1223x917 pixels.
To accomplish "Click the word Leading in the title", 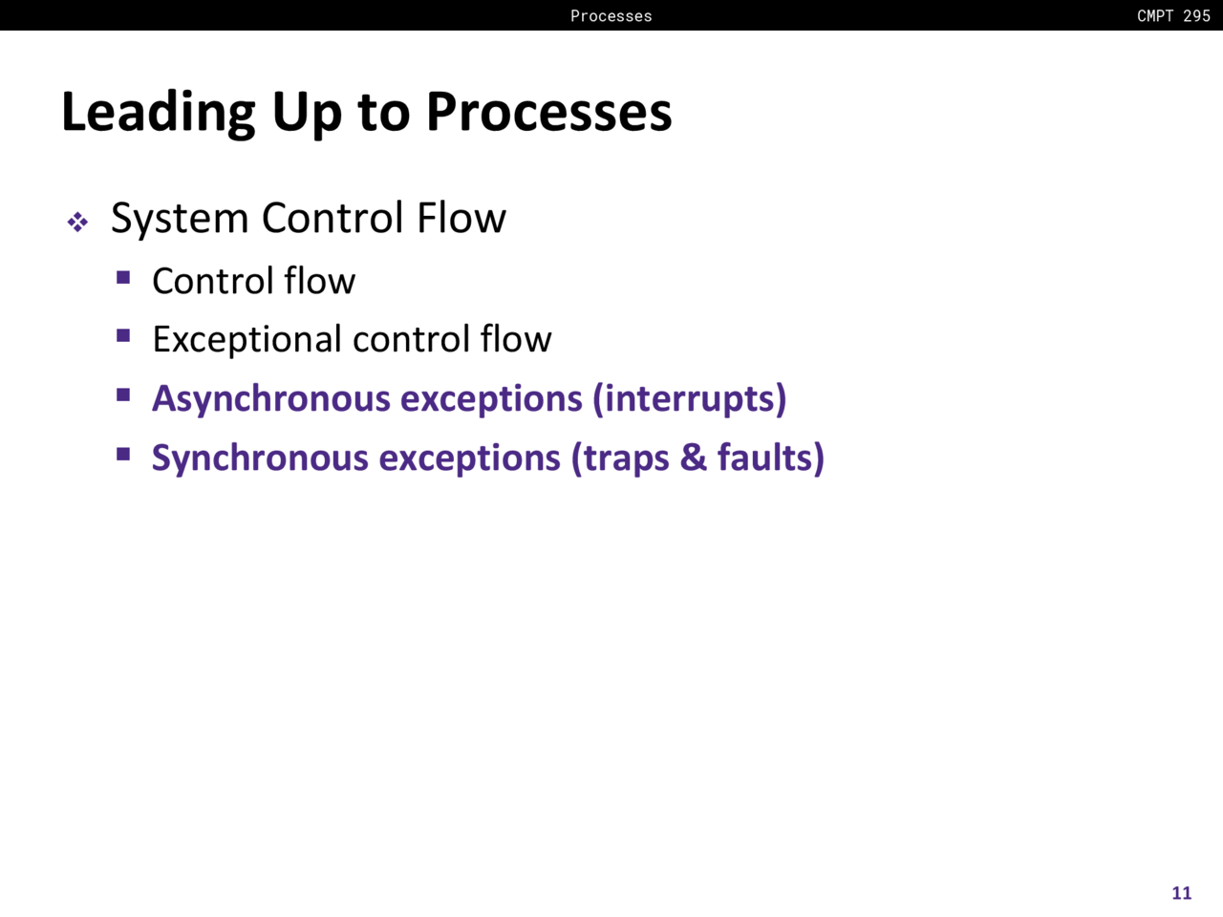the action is coord(159,113).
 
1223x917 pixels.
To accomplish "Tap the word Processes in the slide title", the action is coord(548,112).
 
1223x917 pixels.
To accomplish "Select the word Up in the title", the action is coord(307,114).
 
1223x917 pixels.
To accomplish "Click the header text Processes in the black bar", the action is coord(611,15).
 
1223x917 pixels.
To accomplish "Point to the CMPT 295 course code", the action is coord(1173,15).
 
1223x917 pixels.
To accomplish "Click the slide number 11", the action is coord(1182,892).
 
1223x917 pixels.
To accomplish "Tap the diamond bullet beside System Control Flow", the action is coord(77,223).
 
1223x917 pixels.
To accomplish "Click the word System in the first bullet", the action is coord(180,220).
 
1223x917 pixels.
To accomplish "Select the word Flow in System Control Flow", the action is coord(461,217).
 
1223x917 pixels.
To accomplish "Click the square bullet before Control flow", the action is coord(123,277).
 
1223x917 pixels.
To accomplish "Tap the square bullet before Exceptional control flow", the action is coord(123,335).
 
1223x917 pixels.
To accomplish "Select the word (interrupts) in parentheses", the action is coord(690,399).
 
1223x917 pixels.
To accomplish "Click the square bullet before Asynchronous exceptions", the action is coord(123,395).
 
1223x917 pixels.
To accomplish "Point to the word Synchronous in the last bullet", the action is coord(260,458).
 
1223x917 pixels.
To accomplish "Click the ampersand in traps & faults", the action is coord(693,458).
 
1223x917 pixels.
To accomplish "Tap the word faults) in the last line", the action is coord(770,458).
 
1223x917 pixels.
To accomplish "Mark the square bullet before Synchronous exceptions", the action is coord(123,455).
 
